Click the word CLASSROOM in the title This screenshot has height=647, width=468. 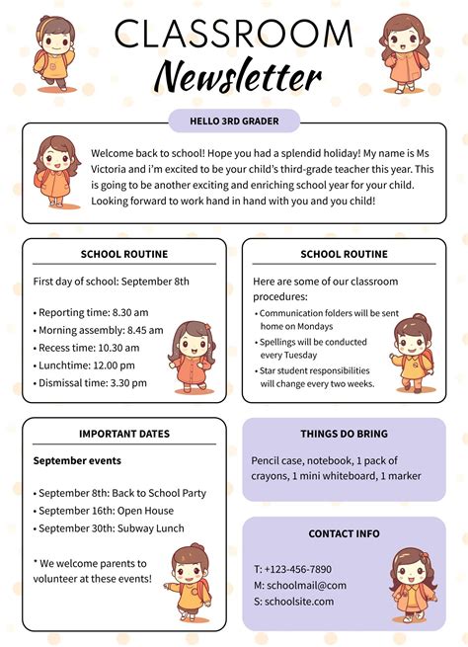tap(234, 35)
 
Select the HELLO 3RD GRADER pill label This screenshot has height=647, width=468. tap(234, 121)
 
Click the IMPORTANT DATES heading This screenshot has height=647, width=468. tap(124, 434)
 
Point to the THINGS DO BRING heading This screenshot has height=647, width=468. tap(344, 434)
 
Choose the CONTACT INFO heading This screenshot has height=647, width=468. tap(344, 533)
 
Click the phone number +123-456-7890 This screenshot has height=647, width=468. tap(292, 569)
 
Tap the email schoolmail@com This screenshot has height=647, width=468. tap(300, 585)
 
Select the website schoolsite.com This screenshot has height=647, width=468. tap(300, 601)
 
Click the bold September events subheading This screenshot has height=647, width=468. tap(77, 460)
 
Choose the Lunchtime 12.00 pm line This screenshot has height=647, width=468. tap(87, 365)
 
